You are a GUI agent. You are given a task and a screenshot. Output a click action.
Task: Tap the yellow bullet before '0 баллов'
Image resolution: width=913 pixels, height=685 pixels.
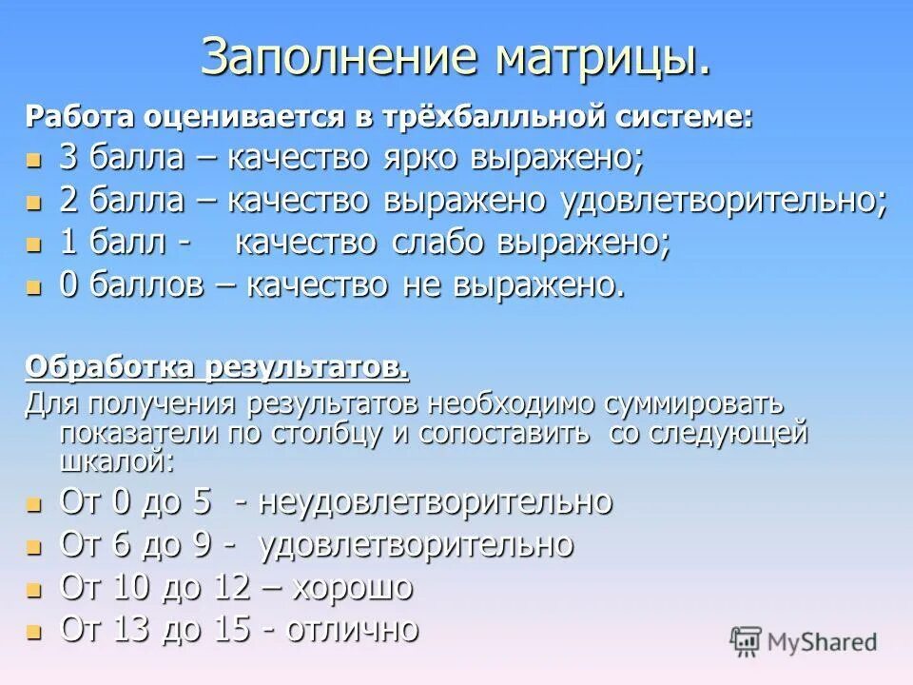(34, 286)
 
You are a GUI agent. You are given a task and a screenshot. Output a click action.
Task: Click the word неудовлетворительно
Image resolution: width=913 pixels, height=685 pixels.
(437, 501)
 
